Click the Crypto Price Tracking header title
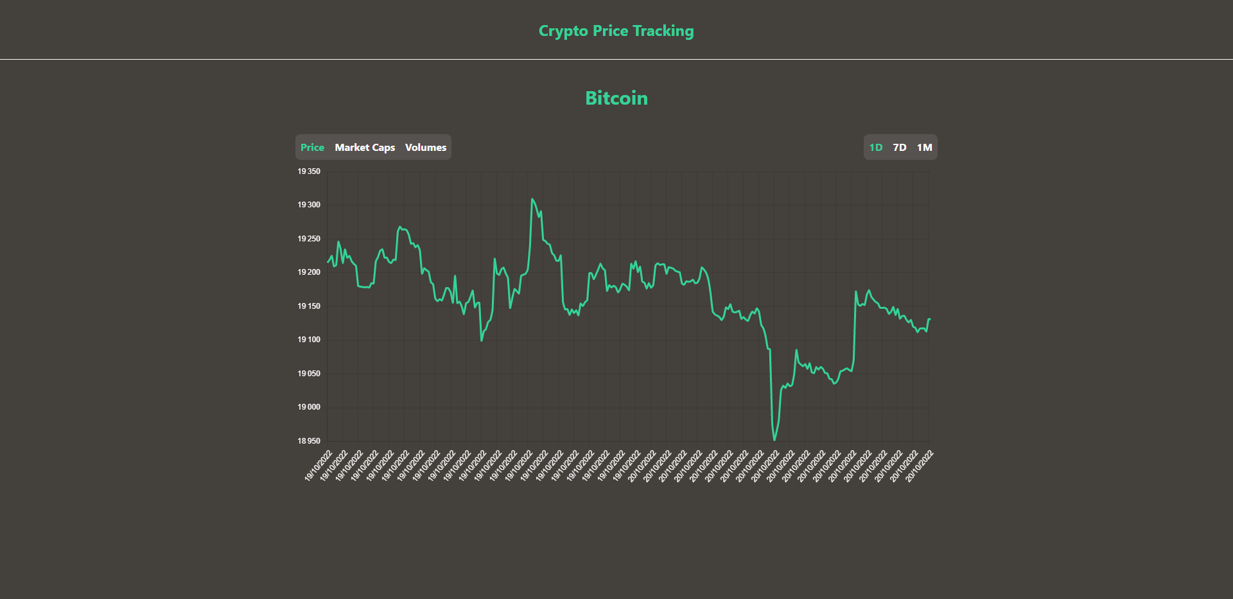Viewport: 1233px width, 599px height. tap(616, 31)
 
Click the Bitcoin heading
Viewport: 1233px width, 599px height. tap(616, 98)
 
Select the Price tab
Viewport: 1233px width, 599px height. tap(312, 148)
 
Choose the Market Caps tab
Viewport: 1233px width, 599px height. tap(365, 148)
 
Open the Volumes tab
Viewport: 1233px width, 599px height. tap(425, 148)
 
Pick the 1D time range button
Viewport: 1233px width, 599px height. tap(876, 148)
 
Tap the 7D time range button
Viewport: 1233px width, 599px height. tap(900, 148)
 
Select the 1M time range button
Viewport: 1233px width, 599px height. tap(924, 148)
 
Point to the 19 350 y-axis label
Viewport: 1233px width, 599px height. tap(309, 171)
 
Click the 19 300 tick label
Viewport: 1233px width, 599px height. tap(309, 205)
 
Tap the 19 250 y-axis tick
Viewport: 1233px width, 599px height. tap(309, 239)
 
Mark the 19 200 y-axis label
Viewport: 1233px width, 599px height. tap(309, 272)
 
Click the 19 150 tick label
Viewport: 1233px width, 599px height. tap(309, 306)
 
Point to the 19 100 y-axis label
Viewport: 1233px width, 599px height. tap(309, 340)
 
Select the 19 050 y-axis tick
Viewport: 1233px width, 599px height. tap(309, 374)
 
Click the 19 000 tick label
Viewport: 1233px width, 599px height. tap(309, 407)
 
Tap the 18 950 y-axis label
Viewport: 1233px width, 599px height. tap(309, 441)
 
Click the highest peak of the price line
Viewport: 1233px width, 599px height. tap(532, 199)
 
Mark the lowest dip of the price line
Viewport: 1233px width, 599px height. tap(774, 440)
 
